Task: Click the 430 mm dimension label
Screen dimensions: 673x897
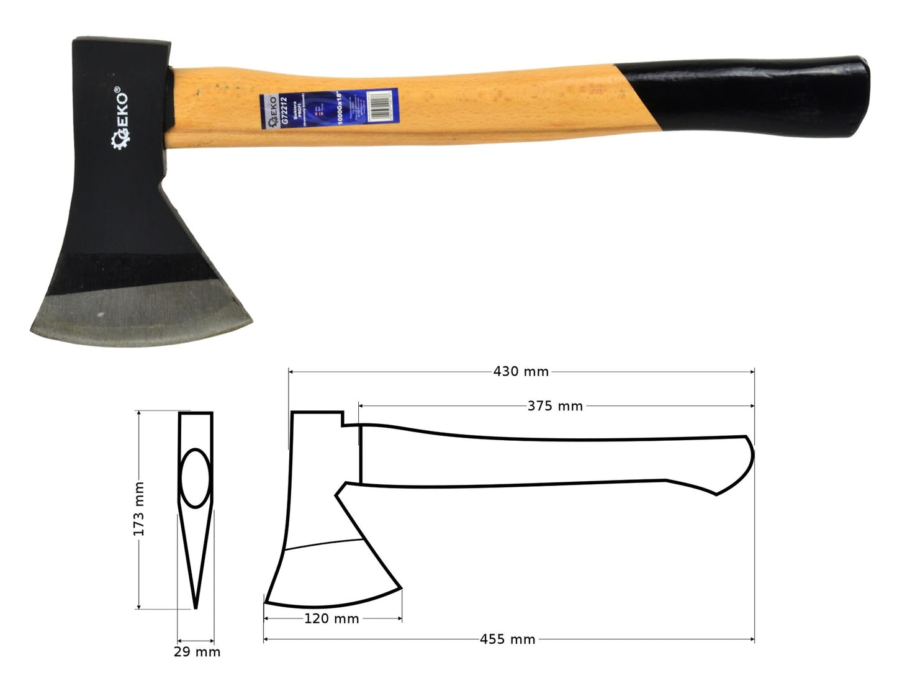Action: pos(521,372)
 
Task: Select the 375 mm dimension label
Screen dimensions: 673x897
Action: pos(555,406)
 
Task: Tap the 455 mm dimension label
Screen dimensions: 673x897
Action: pos(507,639)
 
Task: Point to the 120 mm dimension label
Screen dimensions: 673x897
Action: pos(331,618)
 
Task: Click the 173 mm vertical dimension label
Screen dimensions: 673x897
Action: pos(139,509)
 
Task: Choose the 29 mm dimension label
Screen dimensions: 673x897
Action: pos(197,652)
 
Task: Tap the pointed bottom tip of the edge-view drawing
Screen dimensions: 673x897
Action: pos(196,607)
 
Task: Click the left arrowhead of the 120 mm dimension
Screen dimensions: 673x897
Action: pos(266,618)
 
